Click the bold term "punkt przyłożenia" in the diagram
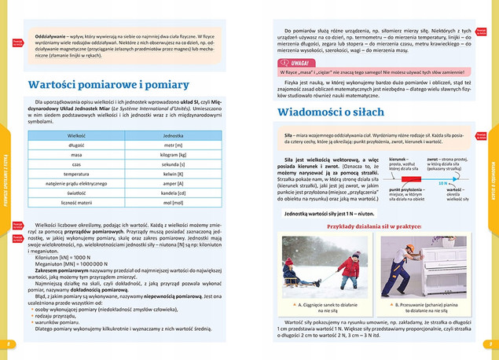coord(407,189)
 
